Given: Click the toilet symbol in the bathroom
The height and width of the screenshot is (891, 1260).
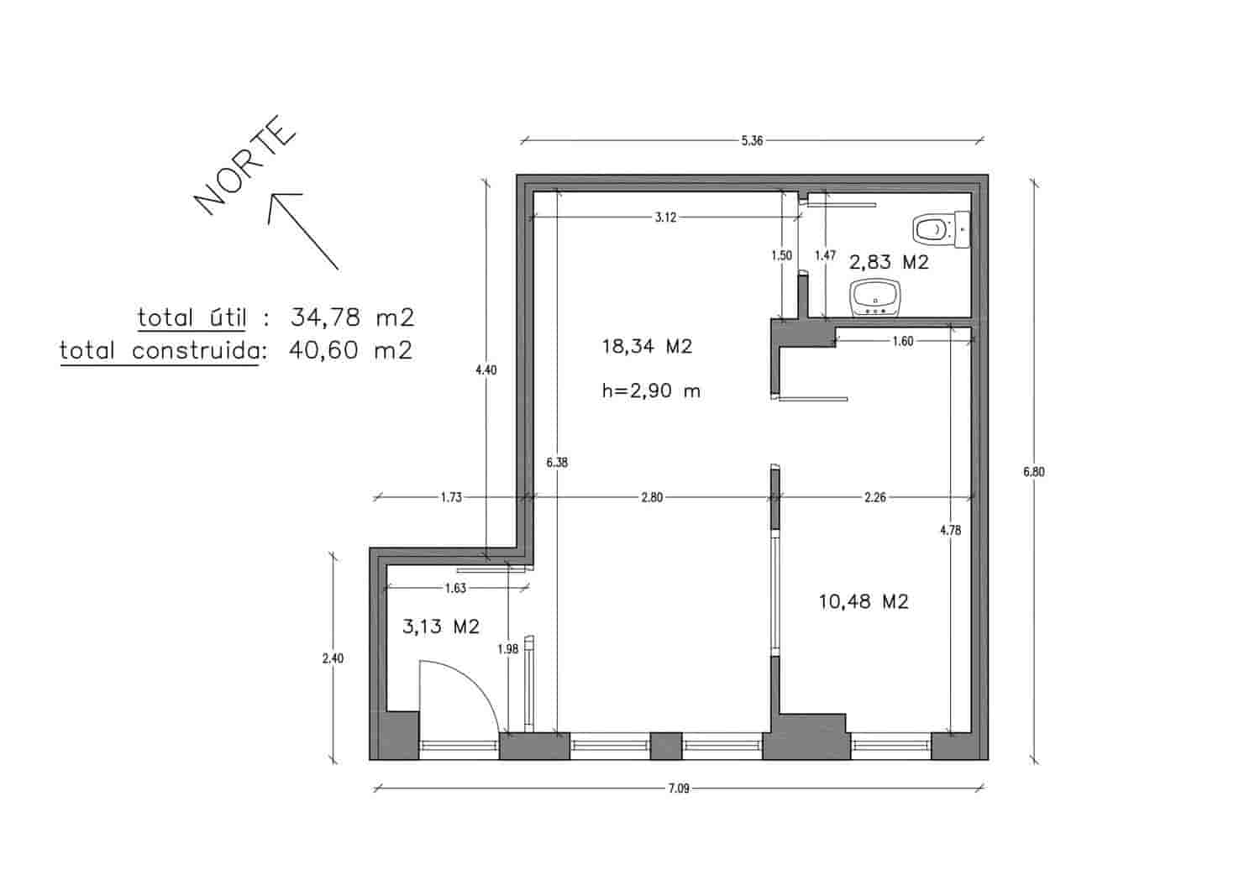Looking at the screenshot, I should tap(942, 228).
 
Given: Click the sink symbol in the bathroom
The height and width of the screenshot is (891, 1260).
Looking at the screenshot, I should tap(876, 297).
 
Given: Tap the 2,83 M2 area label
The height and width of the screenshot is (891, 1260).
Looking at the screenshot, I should tap(889, 262).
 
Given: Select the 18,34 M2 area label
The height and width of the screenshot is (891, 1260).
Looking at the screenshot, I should tap(647, 346).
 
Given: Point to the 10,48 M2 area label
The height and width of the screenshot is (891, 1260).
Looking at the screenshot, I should tap(864, 601).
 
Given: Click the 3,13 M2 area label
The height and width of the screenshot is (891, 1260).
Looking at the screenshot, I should tap(441, 626).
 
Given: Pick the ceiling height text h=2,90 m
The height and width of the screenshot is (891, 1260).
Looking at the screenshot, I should tap(651, 390).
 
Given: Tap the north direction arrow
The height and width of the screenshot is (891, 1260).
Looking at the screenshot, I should tap(302, 230).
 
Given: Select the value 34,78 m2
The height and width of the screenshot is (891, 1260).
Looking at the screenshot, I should tap(352, 317).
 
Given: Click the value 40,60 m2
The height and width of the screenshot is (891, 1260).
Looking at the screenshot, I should tap(350, 349).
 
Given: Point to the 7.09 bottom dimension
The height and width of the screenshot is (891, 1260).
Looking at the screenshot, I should tap(679, 789).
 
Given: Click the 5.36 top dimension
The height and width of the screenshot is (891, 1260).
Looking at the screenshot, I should tap(752, 141).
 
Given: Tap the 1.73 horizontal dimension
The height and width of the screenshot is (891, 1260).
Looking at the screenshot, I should tap(451, 497).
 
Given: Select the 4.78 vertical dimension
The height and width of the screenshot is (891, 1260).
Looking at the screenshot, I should tap(950, 530).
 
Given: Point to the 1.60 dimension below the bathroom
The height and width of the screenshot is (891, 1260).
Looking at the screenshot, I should tap(903, 341).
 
